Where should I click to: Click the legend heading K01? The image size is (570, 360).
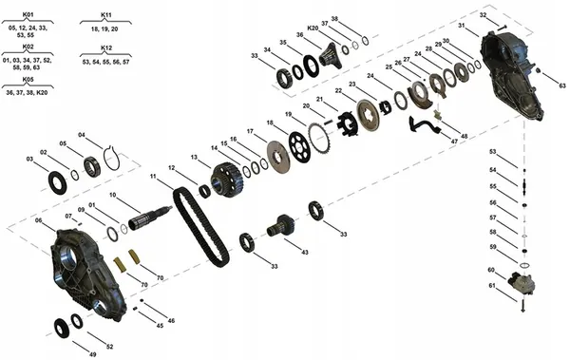pyautogui.click(x=28, y=16)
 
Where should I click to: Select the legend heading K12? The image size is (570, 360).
pyautogui.click(x=106, y=47)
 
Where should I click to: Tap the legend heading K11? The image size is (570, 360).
pyautogui.click(x=106, y=16)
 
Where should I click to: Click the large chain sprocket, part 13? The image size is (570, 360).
pyautogui.click(x=225, y=178)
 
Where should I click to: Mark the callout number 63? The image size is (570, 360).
pyautogui.click(x=561, y=86)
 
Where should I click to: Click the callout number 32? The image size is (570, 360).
pyautogui.click(x=483, y=16)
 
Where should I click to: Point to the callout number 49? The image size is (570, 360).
pyautogui.click(x=92, y=353)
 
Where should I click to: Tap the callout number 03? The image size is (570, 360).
pyautogui.click(x=29, y=159)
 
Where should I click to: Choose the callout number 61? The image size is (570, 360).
pyautogui.click(x=492, y=286)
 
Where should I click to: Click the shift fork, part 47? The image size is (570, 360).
pyautogui.click(x=418, y=123)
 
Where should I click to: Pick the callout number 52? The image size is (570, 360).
pyautogui.click(x=109, y=346)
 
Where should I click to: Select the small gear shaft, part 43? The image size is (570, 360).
pyautogui.click(x=281, y=228)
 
